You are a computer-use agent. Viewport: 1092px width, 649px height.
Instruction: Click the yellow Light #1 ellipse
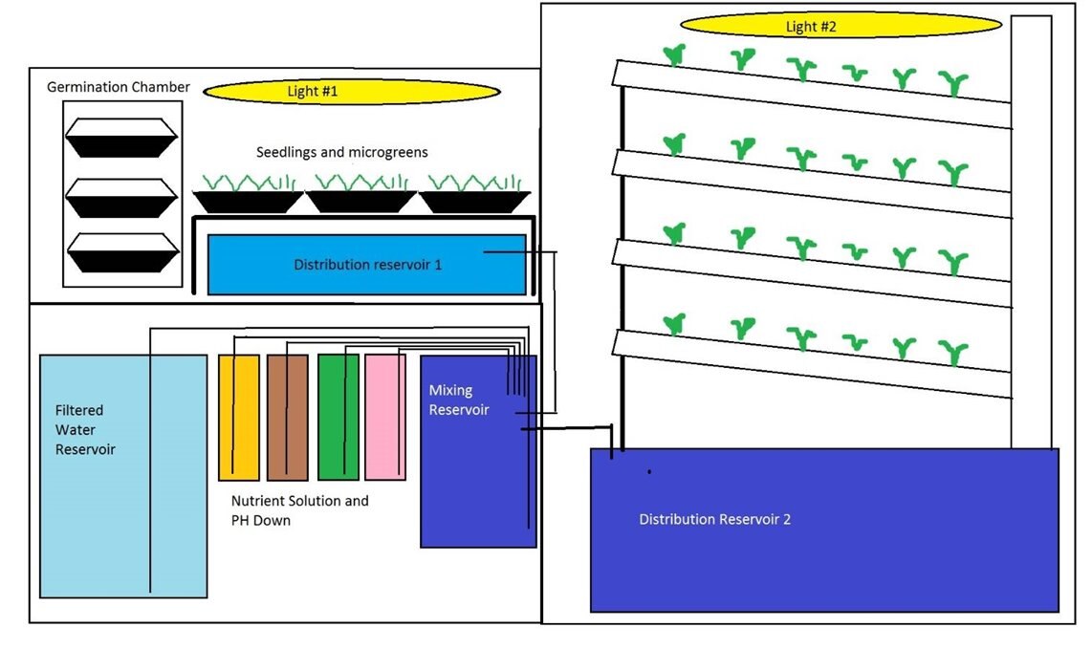(351, 92)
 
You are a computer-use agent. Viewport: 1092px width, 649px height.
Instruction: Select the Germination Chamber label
(119, 87)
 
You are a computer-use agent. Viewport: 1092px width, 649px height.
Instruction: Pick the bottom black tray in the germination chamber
(121, 252)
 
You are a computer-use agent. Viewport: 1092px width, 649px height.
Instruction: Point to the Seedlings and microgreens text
(341, 152)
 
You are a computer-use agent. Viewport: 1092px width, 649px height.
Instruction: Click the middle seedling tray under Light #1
(360, 199)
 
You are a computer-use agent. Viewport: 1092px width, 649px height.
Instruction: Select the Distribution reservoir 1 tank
(367, 265)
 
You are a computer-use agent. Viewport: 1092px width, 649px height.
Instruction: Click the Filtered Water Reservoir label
(85, 430)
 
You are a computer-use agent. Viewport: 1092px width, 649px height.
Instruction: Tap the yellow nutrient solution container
(238, 417)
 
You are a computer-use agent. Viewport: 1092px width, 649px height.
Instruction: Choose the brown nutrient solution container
(287, 417)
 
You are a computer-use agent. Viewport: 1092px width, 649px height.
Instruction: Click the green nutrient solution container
(338, 417)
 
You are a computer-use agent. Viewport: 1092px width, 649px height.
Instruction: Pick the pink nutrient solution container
(384, 417)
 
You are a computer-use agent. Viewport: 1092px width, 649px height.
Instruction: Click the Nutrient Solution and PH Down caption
(299, 510)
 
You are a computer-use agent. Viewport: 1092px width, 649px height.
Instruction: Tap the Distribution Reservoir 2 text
(714, 520)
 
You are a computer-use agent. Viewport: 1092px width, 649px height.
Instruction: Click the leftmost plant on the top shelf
(674, 55)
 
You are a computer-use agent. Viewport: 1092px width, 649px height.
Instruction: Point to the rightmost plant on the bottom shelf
(952, 351)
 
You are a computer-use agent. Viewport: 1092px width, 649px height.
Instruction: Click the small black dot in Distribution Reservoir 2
(649, 472)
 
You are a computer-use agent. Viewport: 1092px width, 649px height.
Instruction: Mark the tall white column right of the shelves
(1031, 229)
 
